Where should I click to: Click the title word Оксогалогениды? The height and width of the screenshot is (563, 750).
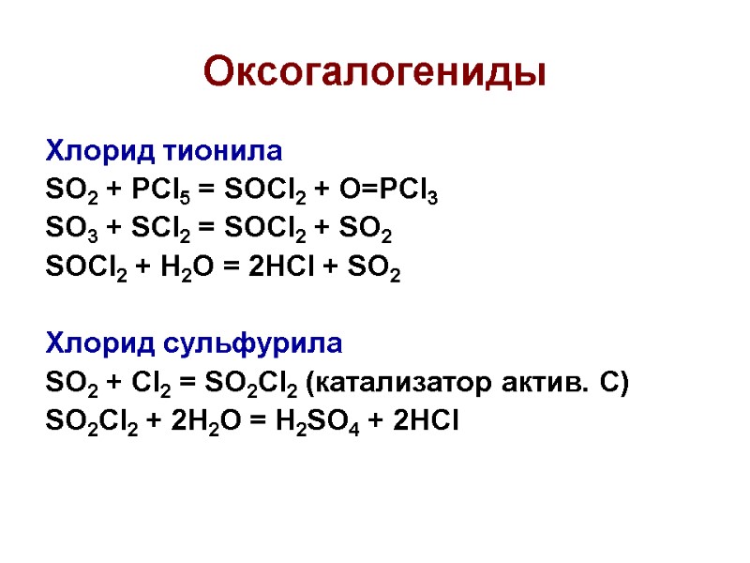375,71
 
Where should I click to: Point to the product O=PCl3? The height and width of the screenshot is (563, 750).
391,192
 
